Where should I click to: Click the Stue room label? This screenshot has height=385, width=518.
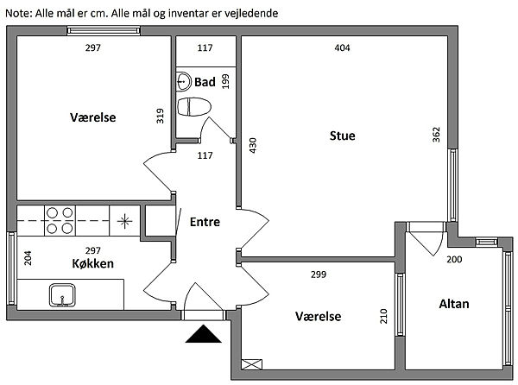343,136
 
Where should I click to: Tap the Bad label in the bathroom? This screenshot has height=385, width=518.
205,82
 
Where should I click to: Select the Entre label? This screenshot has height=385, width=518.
205,222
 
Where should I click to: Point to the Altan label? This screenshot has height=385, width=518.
454,304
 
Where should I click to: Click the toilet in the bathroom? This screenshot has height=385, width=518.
193,107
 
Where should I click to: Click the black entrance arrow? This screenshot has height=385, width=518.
204,334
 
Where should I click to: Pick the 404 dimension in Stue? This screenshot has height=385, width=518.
343,48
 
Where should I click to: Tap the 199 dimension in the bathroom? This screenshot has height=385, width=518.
225,82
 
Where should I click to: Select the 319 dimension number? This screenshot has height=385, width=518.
160,116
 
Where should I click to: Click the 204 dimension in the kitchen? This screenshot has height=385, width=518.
28,258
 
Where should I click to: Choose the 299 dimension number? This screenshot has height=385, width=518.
318,274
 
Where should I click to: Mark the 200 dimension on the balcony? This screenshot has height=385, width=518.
454,260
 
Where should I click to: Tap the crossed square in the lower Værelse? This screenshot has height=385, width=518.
252,364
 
